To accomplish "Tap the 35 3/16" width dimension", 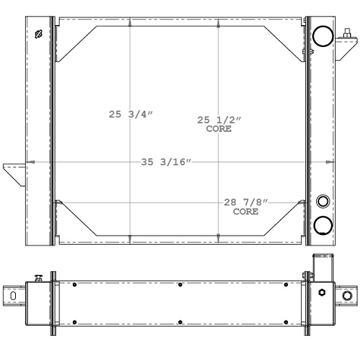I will (x=166, y=162).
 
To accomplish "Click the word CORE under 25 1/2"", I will (x=219, y=130).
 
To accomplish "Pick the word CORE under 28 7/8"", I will (x=246, y=212).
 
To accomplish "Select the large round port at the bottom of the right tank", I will (x=323, y=224).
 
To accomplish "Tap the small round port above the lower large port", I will (x=323, y=201).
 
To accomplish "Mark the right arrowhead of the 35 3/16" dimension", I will (x=331, y=162).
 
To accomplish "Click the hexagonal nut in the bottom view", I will (x=323, y=293).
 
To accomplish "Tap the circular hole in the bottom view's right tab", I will (x=347, y=295).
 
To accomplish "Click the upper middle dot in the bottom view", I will (x=180, y=285).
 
